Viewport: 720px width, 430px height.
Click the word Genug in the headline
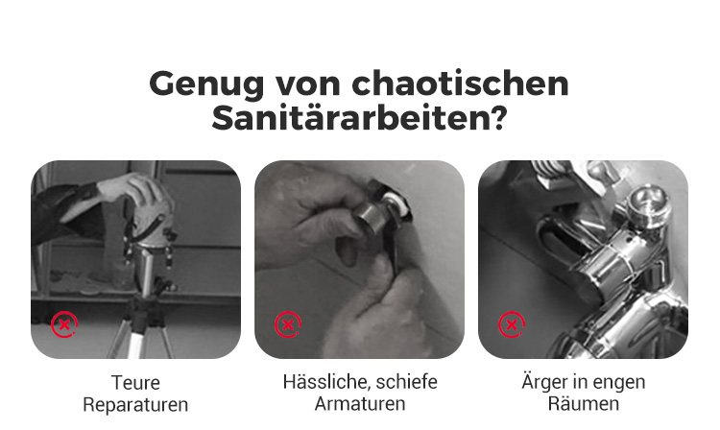(206, 84)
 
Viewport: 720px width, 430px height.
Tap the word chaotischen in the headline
(461, 83)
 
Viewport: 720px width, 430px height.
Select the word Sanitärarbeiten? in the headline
(359, 118)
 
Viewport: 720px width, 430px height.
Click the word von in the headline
(307, 84)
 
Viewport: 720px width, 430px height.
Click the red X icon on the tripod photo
(64, 324)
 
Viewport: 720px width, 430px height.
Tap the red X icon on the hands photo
(288, 324)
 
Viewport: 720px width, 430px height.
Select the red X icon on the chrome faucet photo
(512, 324)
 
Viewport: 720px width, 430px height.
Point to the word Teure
(135, 383)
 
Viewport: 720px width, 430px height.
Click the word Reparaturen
(135, 405)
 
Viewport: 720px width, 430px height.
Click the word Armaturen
(360, 404)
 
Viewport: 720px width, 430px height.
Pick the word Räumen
(583, 403)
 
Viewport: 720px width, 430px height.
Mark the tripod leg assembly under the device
(142, 322)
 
